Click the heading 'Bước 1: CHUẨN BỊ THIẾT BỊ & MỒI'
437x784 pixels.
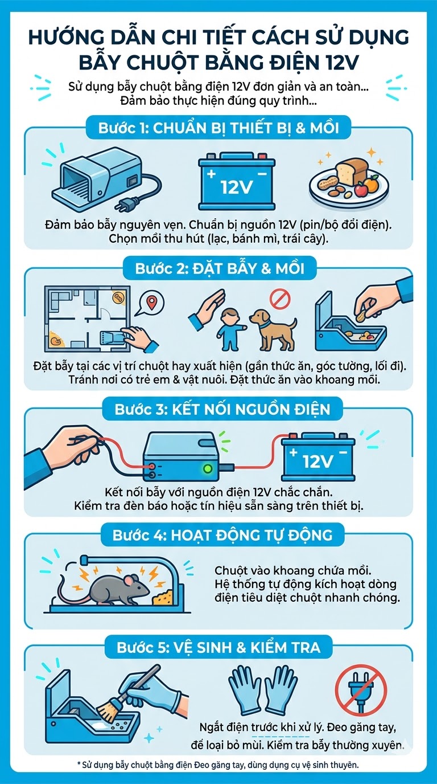218,128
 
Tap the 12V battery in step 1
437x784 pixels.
237,181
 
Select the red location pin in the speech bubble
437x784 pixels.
151,302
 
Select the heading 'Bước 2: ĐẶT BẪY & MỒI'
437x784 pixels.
220,268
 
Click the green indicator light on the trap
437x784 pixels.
208,468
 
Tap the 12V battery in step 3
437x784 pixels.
318,456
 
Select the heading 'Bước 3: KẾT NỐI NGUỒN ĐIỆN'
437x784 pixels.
222,409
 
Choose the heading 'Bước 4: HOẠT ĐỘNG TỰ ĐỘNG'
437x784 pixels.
222,535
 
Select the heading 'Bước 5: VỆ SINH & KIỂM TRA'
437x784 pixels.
218,647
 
